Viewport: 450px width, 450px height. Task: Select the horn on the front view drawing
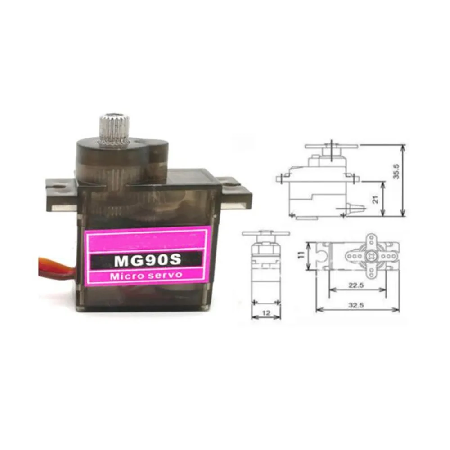tap(265, 233)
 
